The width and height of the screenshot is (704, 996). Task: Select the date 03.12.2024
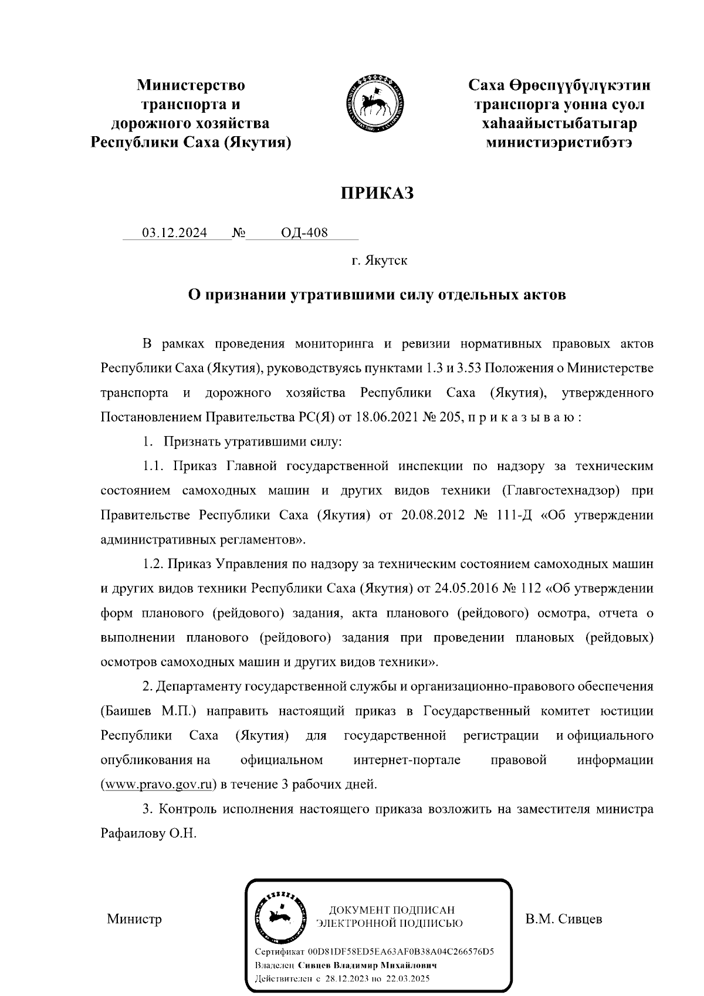175,233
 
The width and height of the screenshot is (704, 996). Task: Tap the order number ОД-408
304,233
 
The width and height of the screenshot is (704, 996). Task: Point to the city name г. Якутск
379,260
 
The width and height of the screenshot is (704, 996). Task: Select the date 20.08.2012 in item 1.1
433,515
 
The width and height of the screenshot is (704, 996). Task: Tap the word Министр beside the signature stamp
134,919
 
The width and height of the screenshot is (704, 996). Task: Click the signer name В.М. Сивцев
564,919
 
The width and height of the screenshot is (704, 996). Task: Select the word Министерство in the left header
191,86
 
